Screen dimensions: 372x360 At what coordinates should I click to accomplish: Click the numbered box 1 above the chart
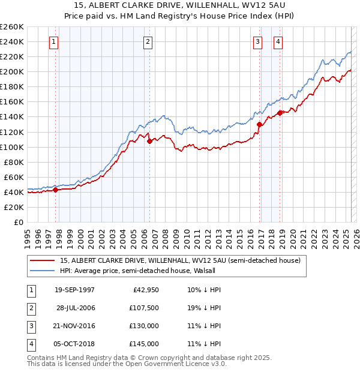(54, 41)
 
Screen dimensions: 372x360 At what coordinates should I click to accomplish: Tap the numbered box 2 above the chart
(148, 41)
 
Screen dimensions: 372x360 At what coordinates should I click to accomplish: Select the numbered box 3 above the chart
(257, 41)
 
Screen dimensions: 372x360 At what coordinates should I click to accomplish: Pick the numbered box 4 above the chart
(278, 41)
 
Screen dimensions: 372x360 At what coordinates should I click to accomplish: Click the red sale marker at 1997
(56, 190)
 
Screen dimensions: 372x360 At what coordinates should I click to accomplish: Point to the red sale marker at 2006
(149, 141)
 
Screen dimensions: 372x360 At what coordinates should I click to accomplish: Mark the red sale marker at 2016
(259, 124)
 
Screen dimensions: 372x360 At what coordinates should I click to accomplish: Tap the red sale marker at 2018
(280, 113)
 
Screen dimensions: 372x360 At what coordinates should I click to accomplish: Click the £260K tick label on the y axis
(12, 27)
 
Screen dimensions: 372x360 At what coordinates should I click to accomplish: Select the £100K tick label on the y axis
(12, 147)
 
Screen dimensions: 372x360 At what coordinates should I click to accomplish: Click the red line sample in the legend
(43, 260)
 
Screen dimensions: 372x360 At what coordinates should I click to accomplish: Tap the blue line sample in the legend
(43, 271)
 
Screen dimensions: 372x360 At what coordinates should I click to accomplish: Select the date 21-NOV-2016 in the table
(74, 326)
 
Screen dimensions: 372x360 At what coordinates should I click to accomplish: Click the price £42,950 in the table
(143, 290)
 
